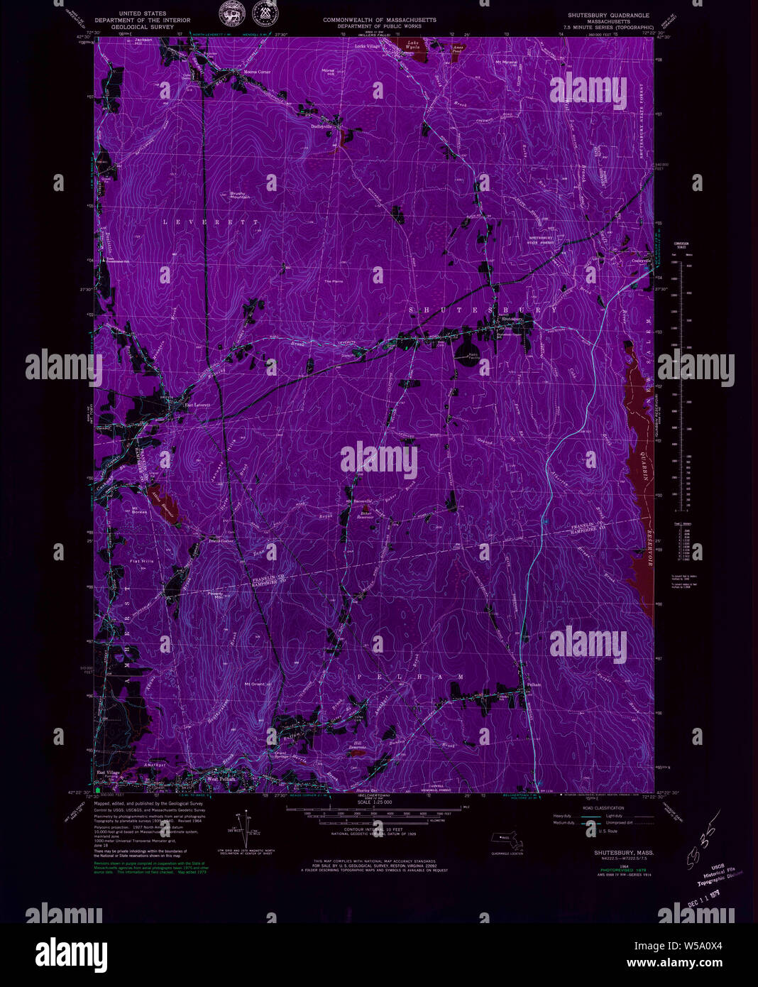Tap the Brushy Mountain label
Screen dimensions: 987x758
pyautogui.click(x=240, y=195)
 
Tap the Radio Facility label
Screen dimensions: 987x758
pyautogui.click(x=474, y=356)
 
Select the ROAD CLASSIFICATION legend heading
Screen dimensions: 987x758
pyautogui.click(x=603, y=808)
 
